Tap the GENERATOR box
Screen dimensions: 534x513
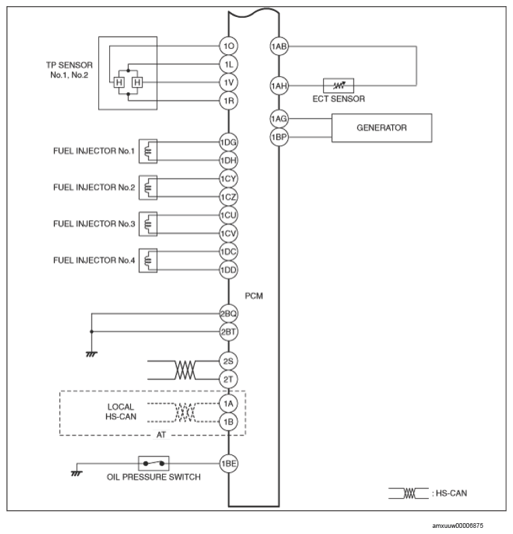[x=381, y=128]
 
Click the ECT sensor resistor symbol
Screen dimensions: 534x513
[x=337, y=86]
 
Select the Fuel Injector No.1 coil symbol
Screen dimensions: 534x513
[x=148, y=152]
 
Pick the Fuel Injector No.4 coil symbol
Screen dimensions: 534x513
[x=148, y=260]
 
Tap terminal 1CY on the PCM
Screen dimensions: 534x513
[x=228, y=179]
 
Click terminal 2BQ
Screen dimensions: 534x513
[x=228, y=314]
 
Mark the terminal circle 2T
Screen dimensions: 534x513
[x=228, y=378]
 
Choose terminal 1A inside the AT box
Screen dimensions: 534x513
[x=228, y=403]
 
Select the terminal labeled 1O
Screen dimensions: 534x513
[x=228, y=46]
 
